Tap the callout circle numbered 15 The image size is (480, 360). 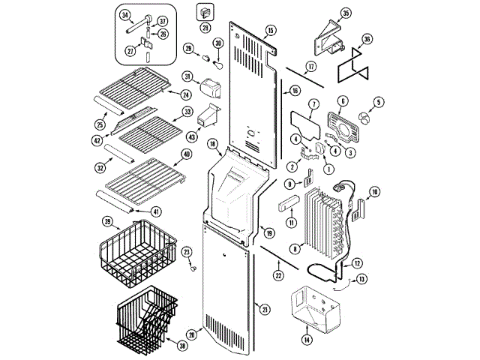click(271, 30)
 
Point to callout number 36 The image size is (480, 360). click(367, 39)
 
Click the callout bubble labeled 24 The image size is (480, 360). click(185, 94)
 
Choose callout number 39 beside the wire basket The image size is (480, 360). click(107, 221)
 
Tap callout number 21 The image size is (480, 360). click(265, 308)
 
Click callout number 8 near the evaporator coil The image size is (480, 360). click(295, 248)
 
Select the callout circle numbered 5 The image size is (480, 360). click(379, 102)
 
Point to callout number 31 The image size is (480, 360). click(187, 76)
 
